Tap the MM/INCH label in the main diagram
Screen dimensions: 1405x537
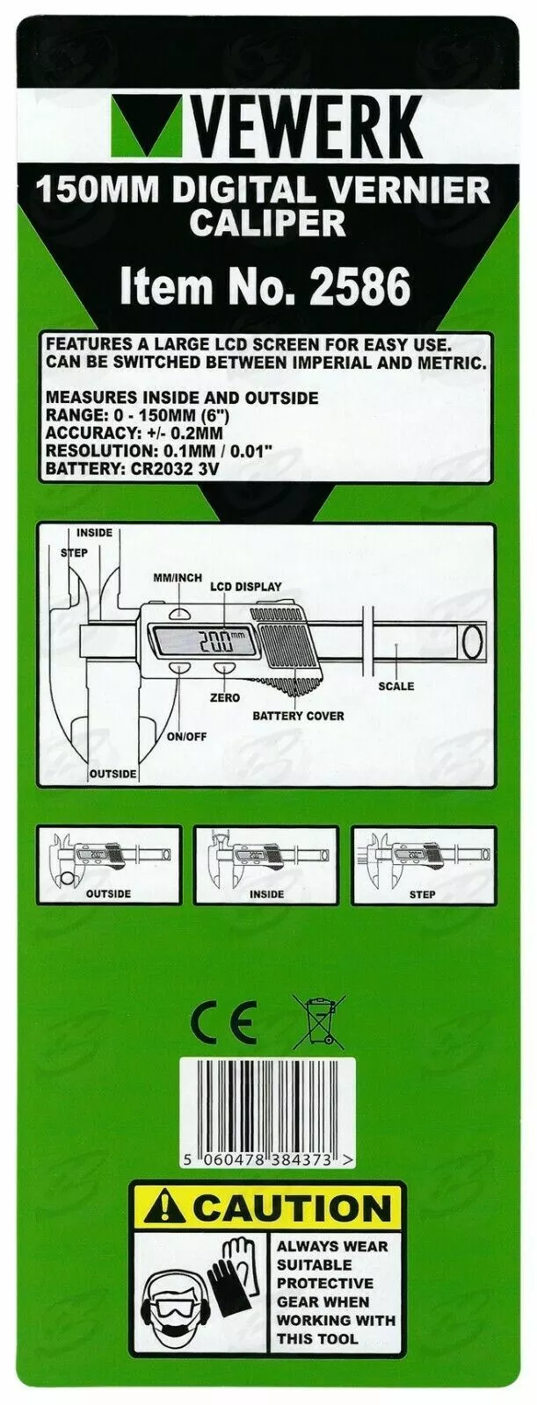click(x=177, y=578)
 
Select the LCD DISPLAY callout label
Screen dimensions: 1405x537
click(x=246, y=587)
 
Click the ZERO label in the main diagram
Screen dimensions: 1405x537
click(x=225, y=697)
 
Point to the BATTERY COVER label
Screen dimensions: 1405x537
click(x=298, y=716)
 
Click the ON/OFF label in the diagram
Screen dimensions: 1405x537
click(x=186, y=736)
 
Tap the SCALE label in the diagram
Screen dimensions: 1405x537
click(x=395, y=686)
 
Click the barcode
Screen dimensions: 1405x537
click(x=267, y=1108)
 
